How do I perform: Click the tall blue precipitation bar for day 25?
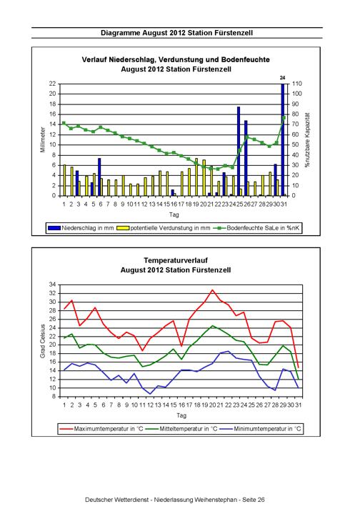[239, 152]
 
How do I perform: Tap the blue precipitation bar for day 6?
[99, 177]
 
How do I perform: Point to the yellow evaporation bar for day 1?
[64, 180]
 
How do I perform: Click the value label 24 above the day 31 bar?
[283, 78]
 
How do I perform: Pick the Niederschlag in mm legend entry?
[81, 228]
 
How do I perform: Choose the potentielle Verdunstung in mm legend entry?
[166, 228]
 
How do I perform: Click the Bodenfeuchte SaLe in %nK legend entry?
[256, 228]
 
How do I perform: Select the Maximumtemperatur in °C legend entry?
[101, 429]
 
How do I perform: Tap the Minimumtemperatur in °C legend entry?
[260, 429]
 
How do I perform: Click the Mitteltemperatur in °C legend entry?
[181, 429]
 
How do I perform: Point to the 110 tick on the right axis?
[297, 84]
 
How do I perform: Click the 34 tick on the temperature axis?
[53, 285]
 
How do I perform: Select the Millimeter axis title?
[43, 139]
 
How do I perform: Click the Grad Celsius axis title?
[42, 341]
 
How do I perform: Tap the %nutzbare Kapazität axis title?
[307, 140]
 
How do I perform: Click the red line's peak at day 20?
[212, 290]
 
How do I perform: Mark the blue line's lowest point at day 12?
[150, 394]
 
